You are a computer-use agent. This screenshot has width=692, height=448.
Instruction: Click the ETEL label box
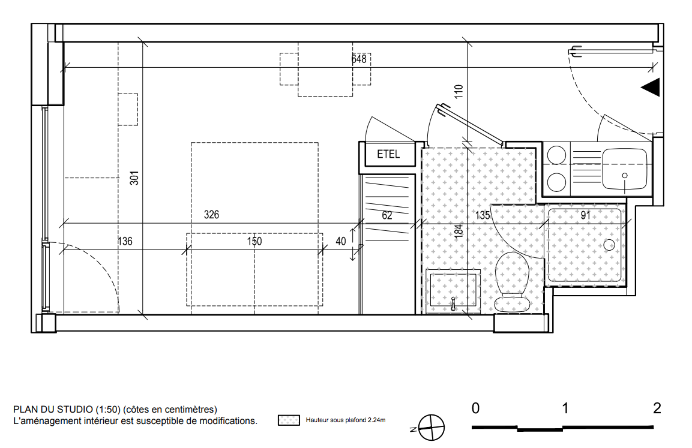point(388,154)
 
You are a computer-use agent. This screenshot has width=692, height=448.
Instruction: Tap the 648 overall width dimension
point(359,59)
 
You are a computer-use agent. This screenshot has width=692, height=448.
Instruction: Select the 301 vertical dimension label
point(134,178)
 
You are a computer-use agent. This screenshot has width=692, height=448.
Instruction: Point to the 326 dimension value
point(211,215)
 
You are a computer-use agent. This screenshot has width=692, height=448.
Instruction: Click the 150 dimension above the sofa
point(254,241)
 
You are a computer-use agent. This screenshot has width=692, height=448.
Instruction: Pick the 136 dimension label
point(125,241)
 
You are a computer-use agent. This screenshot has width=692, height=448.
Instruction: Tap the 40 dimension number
point(341,241)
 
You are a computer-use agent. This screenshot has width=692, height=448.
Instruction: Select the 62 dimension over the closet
point(387,215)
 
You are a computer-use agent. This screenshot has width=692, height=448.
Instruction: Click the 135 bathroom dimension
point(483,215)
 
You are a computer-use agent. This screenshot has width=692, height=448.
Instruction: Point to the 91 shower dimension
point(586,215)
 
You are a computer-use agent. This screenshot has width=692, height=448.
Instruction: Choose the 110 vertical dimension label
point(459,91)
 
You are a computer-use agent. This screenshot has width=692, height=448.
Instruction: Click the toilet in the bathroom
point(512,282)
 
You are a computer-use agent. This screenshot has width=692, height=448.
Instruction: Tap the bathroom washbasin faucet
point(453,303)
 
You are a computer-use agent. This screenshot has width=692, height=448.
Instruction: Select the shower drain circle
point(609,245)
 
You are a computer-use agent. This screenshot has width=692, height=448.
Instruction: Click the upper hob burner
point(556,156)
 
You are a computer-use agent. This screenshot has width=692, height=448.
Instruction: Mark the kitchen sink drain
point(624,176)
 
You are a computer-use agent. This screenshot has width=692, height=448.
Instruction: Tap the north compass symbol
point(430,428)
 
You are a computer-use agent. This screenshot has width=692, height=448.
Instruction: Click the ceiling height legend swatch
point(289,420)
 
